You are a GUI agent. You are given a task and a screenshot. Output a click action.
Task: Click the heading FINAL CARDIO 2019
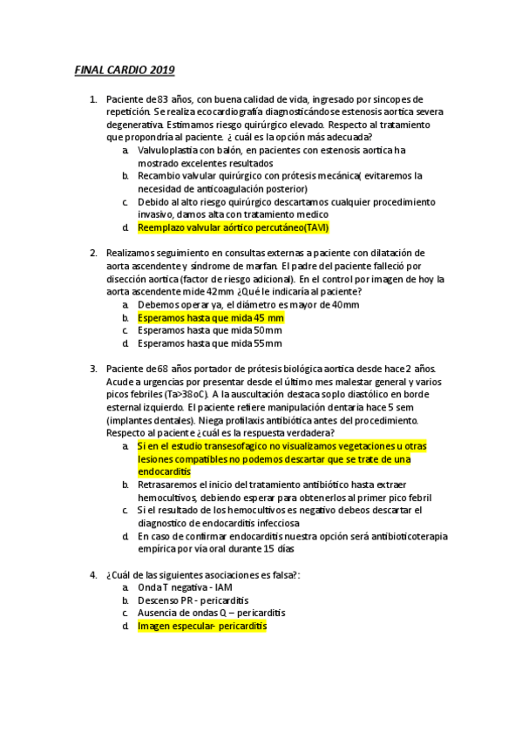coord(124,69)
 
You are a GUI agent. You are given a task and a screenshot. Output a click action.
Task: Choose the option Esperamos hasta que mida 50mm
coord(209,330)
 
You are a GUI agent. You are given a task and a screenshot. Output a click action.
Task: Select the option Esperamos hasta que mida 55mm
coord(209,343)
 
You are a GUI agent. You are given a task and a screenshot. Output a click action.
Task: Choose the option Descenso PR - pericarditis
coord(193,600)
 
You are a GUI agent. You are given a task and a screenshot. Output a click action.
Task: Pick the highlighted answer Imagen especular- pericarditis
coord(202,626)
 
